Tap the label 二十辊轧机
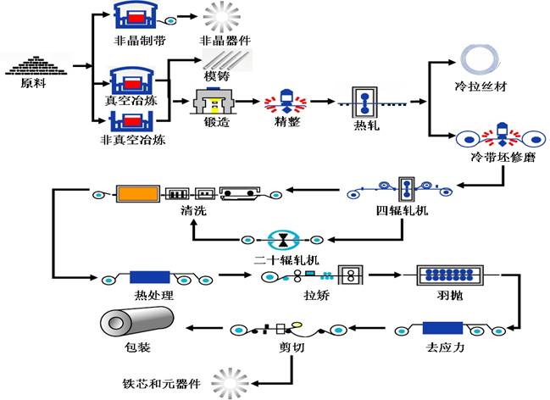[x=281, y=256]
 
